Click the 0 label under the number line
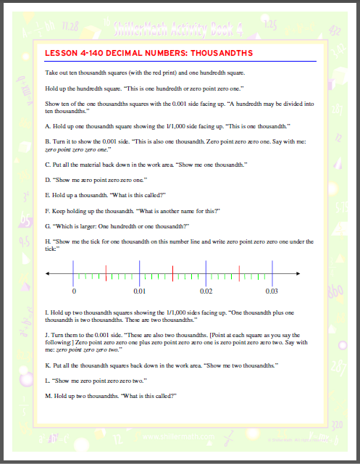click(x=74, y=291)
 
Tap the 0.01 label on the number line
click(x=140, y=291)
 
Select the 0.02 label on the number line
click(x=206, y=291)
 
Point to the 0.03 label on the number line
click(x=272, y=291)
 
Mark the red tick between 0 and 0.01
click(x=106, y=273)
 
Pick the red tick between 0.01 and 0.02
click(x=172, y=273)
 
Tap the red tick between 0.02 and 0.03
click(x=238, y=273)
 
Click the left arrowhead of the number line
click(x=48, y=273)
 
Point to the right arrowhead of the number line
click(x=298, y=273)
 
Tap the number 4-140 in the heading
click(x=97, y=54)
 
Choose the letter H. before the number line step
click(x=48, y=240)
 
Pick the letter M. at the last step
click(x=49, y=396)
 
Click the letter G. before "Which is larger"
click(x=48, y=226)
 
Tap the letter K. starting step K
click(x=48, y=367)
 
